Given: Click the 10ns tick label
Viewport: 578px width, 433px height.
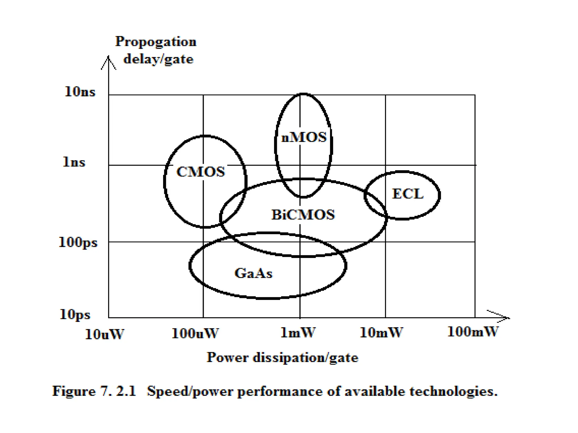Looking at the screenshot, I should pyautogui.click(x=80, y=92).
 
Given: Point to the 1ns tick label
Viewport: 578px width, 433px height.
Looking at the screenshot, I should pyautogui.click(x=74, y=162).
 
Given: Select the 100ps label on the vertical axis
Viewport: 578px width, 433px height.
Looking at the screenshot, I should pyautogui.click(x=78, y=242).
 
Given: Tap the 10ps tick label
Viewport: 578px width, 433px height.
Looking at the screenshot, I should pyautogui.click(x=75, y=314).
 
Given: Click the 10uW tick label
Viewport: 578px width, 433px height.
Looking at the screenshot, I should pyautogui.click(x=104, y=335).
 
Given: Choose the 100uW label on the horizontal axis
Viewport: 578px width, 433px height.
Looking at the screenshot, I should pyautogui.click(x=195, y=333).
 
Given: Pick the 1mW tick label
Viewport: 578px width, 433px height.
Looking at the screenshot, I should pyautogui.click(x=298, y=333).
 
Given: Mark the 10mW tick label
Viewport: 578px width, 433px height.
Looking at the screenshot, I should pyautogui.click(x=381, y=333).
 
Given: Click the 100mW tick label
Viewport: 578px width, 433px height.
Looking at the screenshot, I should pyautogui.click(x=473, y=332).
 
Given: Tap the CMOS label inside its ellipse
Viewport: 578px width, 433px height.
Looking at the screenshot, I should pyautogui.click(x=201, y=172).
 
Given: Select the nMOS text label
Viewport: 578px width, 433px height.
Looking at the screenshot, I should pyautogui.click(x=304, y=138).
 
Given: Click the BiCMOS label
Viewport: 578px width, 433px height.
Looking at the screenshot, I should pyautogui.click(x=303, y=215).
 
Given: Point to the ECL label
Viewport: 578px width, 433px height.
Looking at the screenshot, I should pyautogui.click(x=408, y=194).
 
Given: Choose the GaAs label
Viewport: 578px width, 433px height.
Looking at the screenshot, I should pyautogui.click(x=253, y=273).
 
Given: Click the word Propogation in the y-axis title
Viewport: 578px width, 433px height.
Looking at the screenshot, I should pyautogui.click(x=156, y=42).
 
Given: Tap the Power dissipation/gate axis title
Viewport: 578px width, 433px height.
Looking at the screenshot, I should pyautogui.click(x=283, y=358).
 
